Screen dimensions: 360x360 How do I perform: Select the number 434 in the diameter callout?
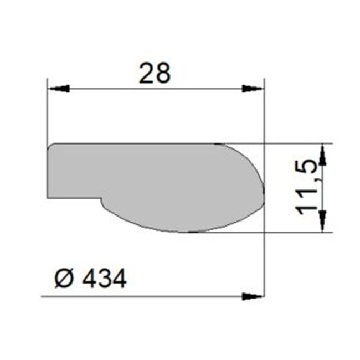(x=105, y=279)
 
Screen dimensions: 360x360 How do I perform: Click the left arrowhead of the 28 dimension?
(x=58, y=89)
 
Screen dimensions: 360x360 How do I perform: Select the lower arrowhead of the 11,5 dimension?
(x=322, y=222)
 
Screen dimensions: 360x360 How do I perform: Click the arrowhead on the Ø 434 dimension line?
(x=253, y=296)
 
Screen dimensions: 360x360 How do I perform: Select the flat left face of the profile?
(x=48, y=172)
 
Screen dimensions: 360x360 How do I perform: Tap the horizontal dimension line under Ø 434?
(x=138, y=296)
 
